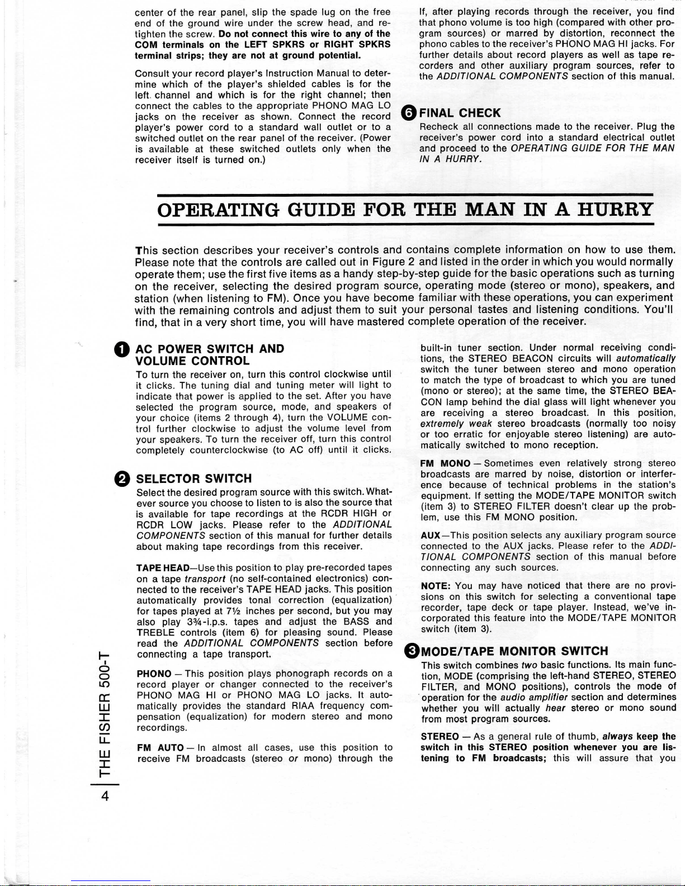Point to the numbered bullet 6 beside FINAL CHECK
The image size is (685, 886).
pos(409,113)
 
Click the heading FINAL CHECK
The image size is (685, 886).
pos(460,113)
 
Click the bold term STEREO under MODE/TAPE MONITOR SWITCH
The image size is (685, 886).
pos(440,737)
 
